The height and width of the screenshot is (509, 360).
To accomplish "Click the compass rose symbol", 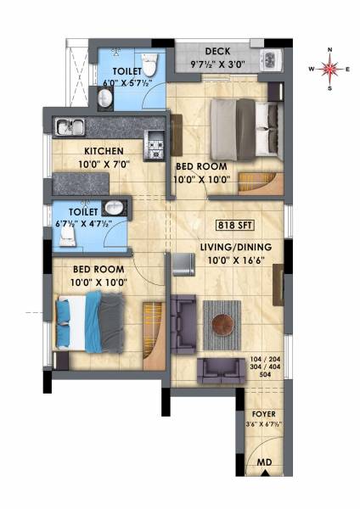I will click(x=331, y=68).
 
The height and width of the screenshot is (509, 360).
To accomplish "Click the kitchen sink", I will click(x=69, y=127).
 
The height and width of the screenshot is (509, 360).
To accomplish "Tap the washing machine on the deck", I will click(x=272, y=59).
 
